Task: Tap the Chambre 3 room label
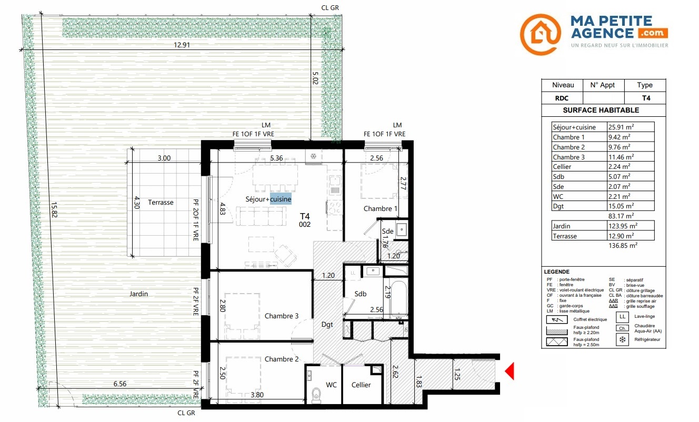pyautogui.click(x=282, y=316)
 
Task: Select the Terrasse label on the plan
pyautogui.click(x=161, y=203)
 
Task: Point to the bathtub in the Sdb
pyautogui.click(x=399, y=298)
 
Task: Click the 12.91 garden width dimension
pyautogui.click(x=182, y=45)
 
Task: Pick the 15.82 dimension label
pyautogui.click(x=54, y=209)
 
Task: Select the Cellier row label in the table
pyautogui.click(x=562, y=167)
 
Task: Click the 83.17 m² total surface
pyautogui.click(x=621, y=216)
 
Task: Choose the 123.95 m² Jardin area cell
pyautogui.click(x=623, y=226)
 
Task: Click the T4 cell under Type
pyautogui.click(x=646, y=98)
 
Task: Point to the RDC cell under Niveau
pyautogui.click(x=562, y=98)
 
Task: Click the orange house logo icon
pyautogui.click(x=540, y=34)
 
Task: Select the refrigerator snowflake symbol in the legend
pyautogui.click(x=622, y=340)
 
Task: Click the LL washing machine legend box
pyautogui.click(x=622, y=317)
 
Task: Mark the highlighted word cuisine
pyautogui.click(x=281, y=199)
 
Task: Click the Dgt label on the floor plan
pyautogui.click(x=327, y=325)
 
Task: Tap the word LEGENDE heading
pyautogui.click(x=557, y=272)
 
